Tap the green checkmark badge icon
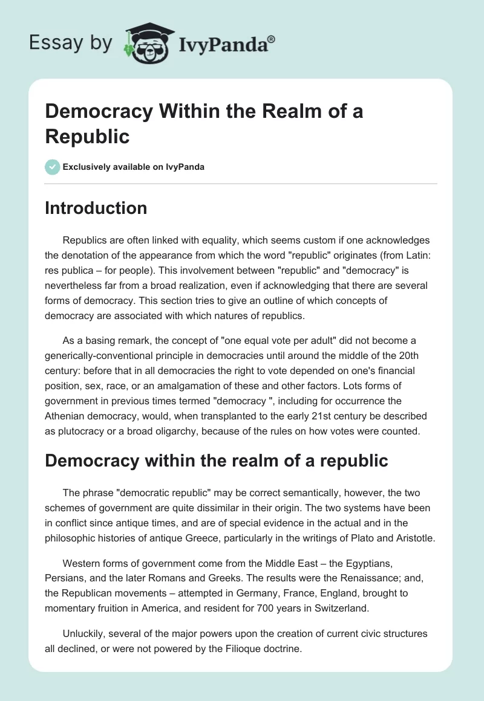click(x=53, y=167)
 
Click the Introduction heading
click(x=96, y=208)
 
